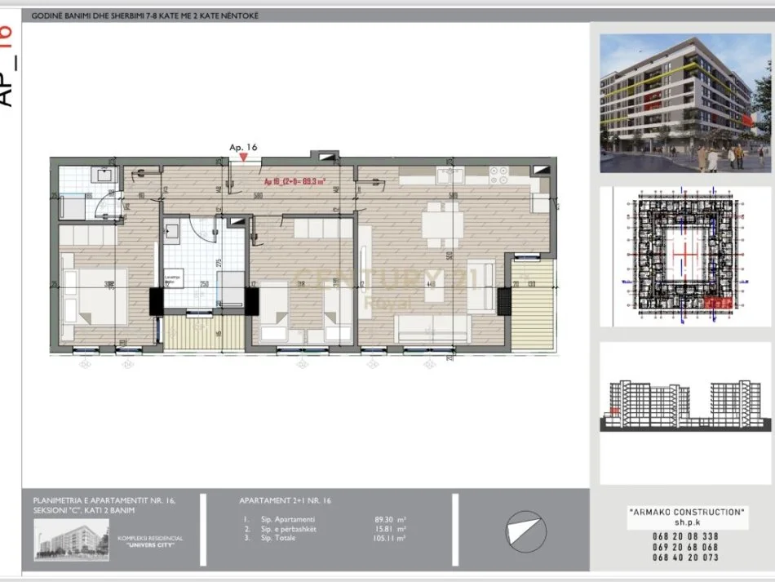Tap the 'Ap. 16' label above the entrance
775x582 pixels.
[x=243, y=147]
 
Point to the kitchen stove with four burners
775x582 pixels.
[x=498, y=173]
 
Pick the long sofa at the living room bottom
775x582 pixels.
[x=432, y=328]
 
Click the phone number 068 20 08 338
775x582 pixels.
[x=686, y=536]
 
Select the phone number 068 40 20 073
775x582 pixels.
[x=686, y=558]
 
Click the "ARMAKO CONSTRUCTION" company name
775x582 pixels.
[x=686, y=512]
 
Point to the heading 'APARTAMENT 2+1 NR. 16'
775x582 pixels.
[x=286, y=500]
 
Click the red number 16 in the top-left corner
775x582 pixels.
[x=7, y=38]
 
